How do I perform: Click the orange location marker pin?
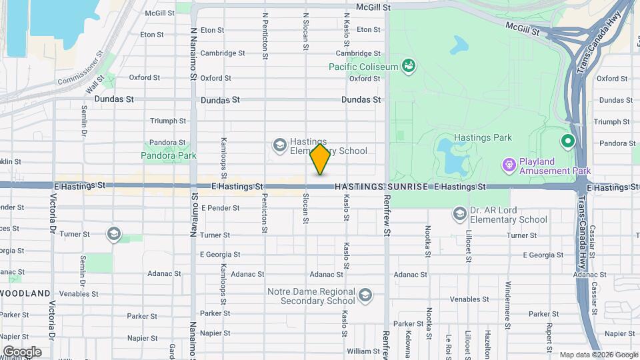tap(321, 159)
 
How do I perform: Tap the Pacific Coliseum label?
tap(363, 66)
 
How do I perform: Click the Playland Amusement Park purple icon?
tap(509, 163)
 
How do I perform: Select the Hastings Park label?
tap(482, 137)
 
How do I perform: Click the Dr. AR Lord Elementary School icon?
tap(459, 213)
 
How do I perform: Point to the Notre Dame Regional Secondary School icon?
tap(365, 295)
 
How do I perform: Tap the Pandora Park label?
tap(169, 155)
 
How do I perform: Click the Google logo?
tap(22, 351)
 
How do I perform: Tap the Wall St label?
tap(95, 85)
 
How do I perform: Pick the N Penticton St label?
tap(265, 36)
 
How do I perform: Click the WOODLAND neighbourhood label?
tap(25, 293)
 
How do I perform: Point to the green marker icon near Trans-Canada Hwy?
tap(567, 141)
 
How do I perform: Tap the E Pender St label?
tap(219, 208)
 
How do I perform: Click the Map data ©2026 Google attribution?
tap(599, 355)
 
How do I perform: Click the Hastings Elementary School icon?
tap(279, 144)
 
